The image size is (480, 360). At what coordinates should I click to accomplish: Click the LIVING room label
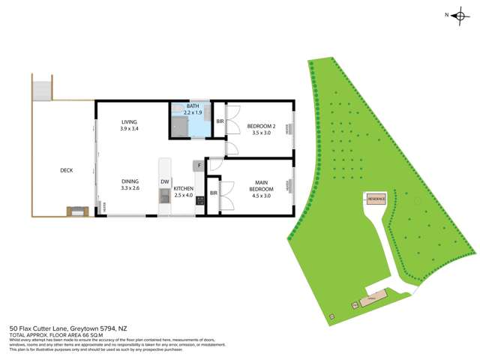pyautogui.click(x=130, y=121)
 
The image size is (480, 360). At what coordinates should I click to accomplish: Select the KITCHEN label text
pyautogui.click(x=184, y=189)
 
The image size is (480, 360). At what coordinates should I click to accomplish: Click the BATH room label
pyautogui.click(x=193, y=106)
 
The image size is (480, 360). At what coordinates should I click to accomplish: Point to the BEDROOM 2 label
pyautogui.click(x=262, y=126)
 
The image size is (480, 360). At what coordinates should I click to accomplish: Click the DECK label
pyautogui.click(x=67, y=170)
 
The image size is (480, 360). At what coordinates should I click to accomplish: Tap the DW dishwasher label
pyautogui.click(x=163, y=181)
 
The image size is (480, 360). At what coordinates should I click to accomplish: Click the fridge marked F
pyautogui.click(x=199, y=165)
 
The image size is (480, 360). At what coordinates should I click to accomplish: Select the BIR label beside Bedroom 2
pyautogui.click(x=220, y=121)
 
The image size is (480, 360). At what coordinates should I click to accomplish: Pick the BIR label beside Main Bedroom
pyautogui.click(x=213, y=193)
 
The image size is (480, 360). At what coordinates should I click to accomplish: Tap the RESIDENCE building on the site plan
pyautogui.click(x=376, y=199)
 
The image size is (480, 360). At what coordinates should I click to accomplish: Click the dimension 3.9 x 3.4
pyautogui.click(x=130, y=129)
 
